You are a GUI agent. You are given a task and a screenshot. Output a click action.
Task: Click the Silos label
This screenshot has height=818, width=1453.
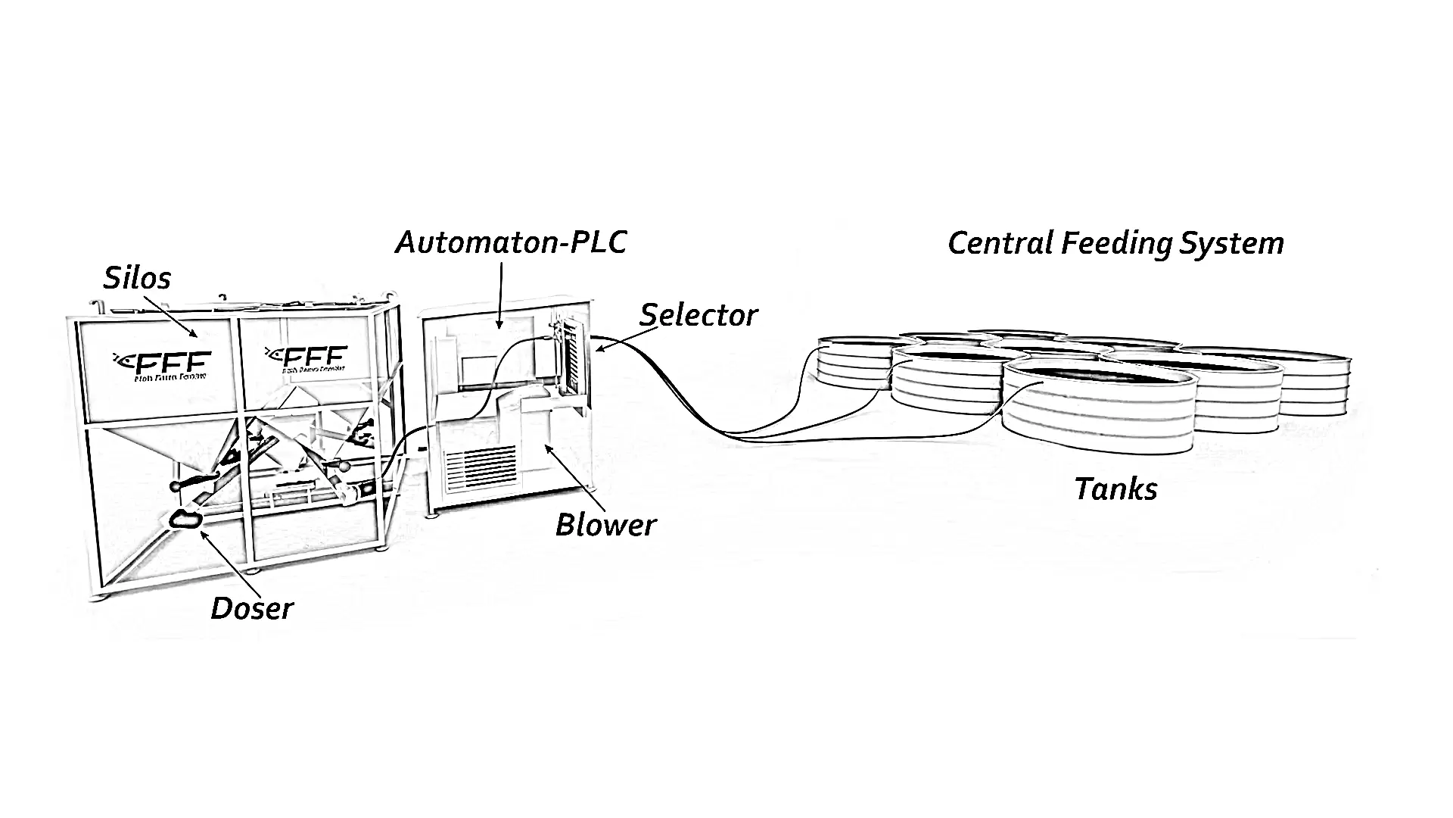[137, 278]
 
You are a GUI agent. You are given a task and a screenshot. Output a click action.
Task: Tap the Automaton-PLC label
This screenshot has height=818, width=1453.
[511, 242]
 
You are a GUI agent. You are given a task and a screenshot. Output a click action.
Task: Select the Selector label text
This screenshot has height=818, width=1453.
[698, 315]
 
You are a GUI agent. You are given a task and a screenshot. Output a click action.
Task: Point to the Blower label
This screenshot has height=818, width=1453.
[605, 525]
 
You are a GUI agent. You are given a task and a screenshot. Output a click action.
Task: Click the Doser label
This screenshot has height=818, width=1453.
[251, 608]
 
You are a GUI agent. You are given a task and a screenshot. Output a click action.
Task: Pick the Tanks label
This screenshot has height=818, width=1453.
[1115, 489]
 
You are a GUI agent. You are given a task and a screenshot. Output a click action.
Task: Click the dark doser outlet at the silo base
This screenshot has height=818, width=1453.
[185, 519]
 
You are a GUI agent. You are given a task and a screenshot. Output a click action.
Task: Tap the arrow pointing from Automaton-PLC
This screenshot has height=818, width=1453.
[500, 295]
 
